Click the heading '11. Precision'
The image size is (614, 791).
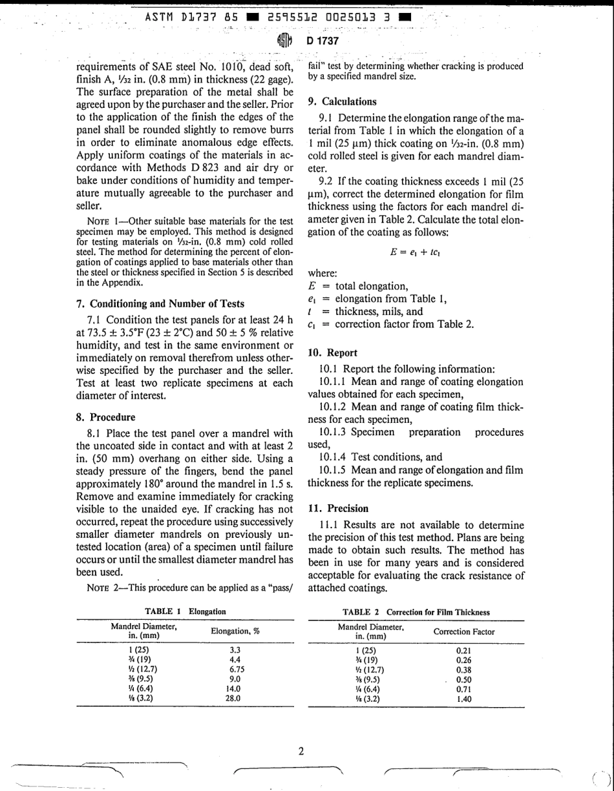[338, 508]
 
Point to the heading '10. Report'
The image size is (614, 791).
[333, 353]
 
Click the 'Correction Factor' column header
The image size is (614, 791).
[464, 632]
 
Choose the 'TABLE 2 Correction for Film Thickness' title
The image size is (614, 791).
[416, 612]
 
